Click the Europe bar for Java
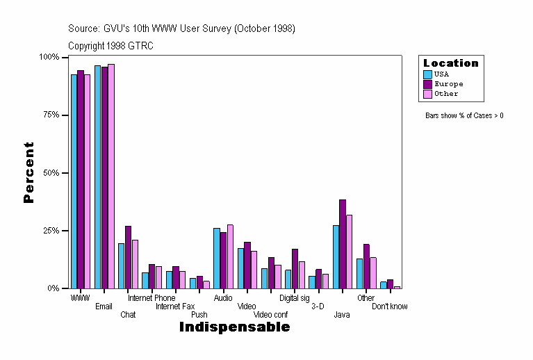[x=343, y=244]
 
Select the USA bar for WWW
[x=74, y=181]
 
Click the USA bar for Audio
[x=217, y=258]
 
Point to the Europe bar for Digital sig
[x=295, y=268]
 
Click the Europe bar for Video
[x=247, y=265]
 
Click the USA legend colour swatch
[x=428, y=74]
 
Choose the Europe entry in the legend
[x=448, y=84]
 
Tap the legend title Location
[x=451, y=63]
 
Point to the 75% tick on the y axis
[x=67, y=115]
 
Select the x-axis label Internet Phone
[x=151, y=298]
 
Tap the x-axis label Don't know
[x=389, y=306]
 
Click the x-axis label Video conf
[x=270, y=315]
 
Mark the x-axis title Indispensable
[x=234, y=327]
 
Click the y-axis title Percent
[x=28, y=172]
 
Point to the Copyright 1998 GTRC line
[x=110, y=46]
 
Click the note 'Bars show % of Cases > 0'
[x=464, y=115]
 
